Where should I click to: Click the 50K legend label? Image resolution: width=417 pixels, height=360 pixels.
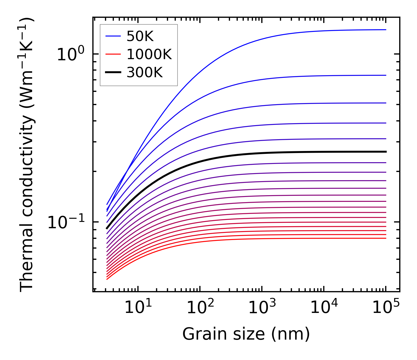[140, 36]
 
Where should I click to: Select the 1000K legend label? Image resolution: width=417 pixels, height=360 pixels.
[149, 54]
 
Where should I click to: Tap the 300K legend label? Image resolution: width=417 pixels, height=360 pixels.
[145, 73]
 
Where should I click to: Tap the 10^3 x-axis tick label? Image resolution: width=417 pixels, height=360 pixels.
[262, 307]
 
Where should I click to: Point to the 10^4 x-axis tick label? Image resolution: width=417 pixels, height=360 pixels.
[324, 307]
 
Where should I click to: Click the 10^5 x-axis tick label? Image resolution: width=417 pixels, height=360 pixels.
[386, 307]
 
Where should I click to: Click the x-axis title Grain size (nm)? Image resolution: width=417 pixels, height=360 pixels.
[246, 334]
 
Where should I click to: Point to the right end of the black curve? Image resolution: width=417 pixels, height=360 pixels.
[385, 152]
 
